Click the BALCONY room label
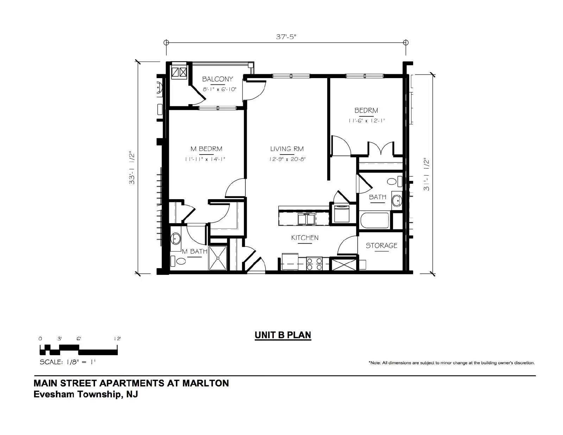(x=217, y=79)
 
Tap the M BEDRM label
(x=206, y=149)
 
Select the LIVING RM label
(x=287, y=149)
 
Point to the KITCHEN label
(x=305, y=238)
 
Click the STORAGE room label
(x=381, y=245)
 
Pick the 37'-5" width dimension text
(x=286, y=37)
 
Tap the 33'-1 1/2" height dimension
(x=132, y=168)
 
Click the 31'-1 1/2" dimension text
(x=426, y=174)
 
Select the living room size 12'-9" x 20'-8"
(x=287, y=159)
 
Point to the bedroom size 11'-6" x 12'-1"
(x=367, y=121)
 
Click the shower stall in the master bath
(x=218, y=258)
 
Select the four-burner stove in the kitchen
(x=314, y=264)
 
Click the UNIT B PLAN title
(x=283, y=335)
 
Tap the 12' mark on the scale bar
(x=118, y=339)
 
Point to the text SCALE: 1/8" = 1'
(x=67, y=362)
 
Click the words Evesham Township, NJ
(x=86, y=394)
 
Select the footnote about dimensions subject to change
(x=451, y=363)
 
